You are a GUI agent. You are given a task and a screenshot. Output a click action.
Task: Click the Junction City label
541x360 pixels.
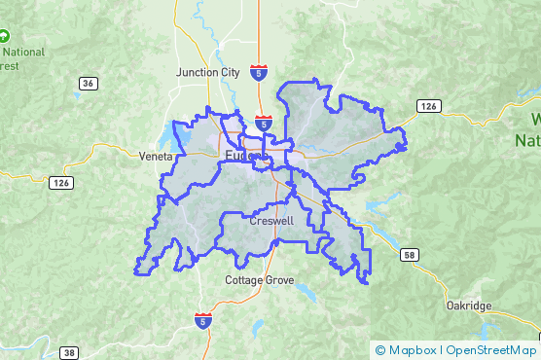[208, 72]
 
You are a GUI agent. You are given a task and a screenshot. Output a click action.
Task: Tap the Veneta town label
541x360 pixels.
[155, 156]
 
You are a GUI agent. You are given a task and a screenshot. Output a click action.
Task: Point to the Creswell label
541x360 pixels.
[271, 221]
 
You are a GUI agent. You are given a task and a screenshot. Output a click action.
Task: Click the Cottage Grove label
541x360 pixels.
[258, 280]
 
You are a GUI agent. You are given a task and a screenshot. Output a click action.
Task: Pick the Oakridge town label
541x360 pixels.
[469, 306]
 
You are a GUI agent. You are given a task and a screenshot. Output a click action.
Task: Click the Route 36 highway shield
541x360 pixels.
[89, 84]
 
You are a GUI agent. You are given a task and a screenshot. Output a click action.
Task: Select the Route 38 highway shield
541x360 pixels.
[69, 352]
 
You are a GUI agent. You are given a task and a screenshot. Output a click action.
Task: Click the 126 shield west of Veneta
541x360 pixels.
[61, 182]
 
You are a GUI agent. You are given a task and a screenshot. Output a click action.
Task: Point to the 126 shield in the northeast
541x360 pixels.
[428, 105]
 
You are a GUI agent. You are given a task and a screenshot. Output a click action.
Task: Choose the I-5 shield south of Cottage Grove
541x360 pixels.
[201, 320]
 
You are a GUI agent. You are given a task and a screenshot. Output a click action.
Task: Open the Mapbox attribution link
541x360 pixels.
[413, 350]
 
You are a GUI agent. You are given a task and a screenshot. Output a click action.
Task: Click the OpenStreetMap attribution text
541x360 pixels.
[491, 350]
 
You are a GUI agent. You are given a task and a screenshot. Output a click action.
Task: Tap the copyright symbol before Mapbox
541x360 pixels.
[379, 350]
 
